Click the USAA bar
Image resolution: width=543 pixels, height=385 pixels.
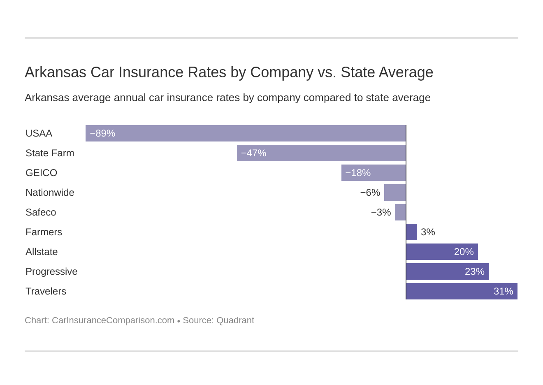[246, 133]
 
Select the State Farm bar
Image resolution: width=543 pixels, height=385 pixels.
[321, 153]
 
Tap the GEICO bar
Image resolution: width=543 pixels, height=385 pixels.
[374, 173]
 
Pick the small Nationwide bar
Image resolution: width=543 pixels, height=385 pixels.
[395, 192]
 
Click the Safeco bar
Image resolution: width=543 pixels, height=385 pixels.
[400, 212]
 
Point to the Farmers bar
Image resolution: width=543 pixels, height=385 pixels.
[411, 232]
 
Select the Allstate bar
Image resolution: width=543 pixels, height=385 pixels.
[442, 252]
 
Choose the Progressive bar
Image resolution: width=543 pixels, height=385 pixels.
[447, 271]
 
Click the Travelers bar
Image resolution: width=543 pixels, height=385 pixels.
[462, 291]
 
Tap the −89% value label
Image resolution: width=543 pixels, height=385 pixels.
[102, 133]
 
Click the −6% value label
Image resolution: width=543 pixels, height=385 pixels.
[370, 192]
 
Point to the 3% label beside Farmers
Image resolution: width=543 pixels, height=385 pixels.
[428, 232]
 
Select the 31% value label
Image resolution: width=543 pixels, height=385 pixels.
[503, 291]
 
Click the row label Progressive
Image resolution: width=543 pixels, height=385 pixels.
[51, 271]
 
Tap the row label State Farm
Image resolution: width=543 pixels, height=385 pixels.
[50, 153]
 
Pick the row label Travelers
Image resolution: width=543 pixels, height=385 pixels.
[46, 291]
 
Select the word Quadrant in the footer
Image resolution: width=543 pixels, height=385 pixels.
[235, 320]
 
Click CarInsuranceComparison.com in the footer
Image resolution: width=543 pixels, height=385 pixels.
[113, 320]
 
